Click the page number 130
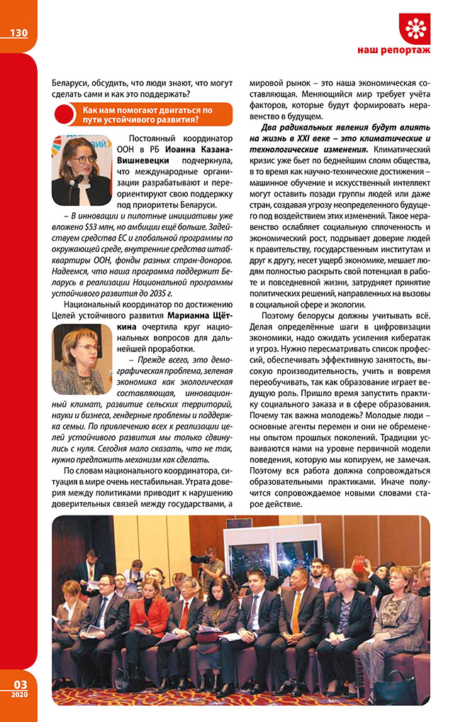[18, 33]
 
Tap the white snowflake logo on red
[415, 28]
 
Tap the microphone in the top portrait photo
[74, 179]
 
